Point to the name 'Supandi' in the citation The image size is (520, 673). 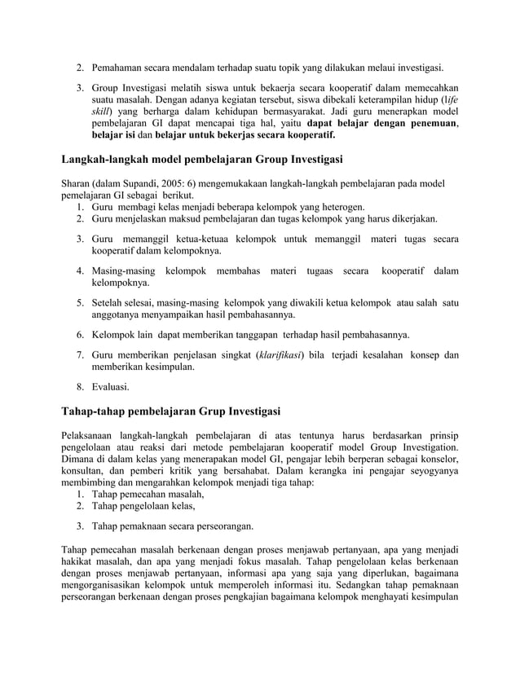pyautogui.click(x=134, y=183)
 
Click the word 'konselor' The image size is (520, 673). pyautogui.click(x=436, y=459)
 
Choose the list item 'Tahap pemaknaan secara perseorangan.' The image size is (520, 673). pyautogui.click(x=172, y=526)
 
